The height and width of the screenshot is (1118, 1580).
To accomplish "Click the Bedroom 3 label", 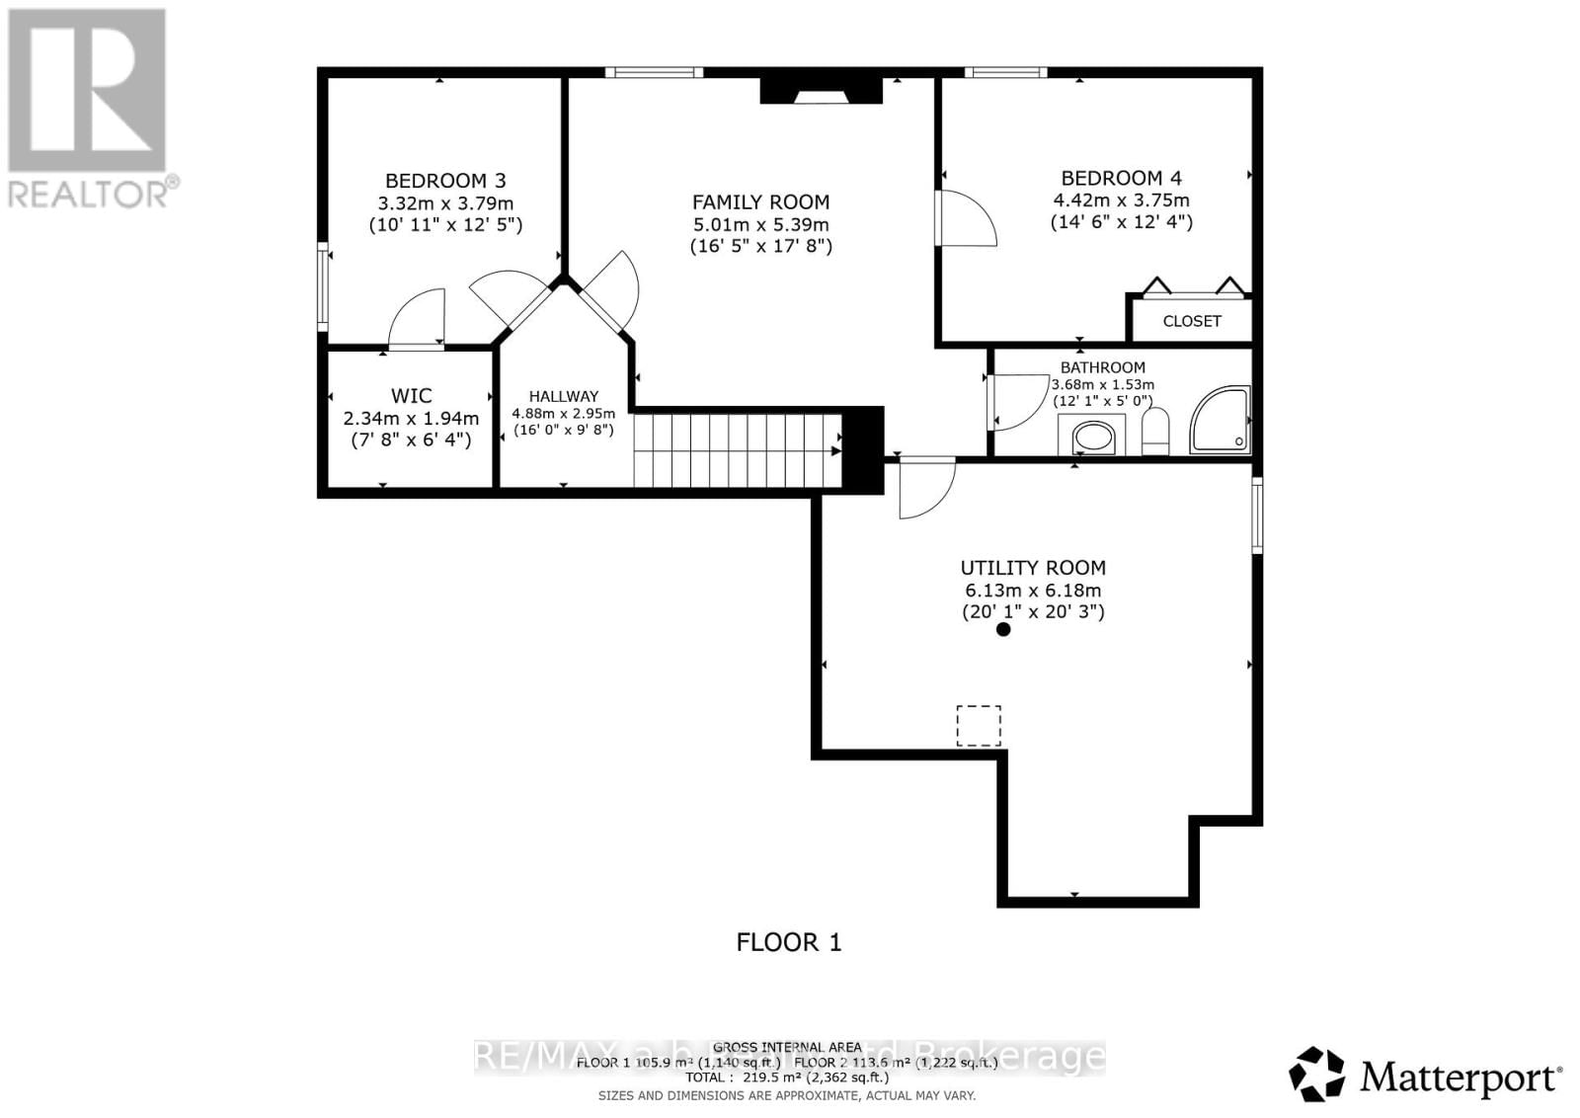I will [x=445, y=181].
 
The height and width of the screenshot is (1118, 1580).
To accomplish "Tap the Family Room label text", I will [x=760, y=201].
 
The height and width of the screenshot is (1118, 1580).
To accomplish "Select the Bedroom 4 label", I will [x=1121, y=178].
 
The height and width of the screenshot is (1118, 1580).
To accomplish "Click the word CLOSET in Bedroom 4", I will [x=1191, y=321].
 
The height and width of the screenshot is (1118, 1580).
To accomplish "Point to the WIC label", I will [x=411, y=396].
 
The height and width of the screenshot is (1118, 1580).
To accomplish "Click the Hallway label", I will [x=563, y=396].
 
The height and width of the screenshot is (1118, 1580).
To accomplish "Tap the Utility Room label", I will [x=1033, y=568].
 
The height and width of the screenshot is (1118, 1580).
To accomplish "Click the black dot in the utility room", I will [x=1003, y=629].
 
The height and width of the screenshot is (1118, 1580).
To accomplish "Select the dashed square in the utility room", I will [x=979, y=725].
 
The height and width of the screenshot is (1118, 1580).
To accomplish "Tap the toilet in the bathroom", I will [x=1155, y=432].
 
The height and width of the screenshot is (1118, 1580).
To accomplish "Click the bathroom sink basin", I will [x=1092, y=438].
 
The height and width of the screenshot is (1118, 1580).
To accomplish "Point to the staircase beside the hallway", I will [x=736, y=450].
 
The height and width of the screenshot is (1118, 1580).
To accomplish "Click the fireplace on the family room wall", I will [x=820, y=91].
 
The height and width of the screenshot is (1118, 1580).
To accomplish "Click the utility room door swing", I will [x=925, y=487].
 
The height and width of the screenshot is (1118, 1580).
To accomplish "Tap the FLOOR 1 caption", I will [x=789, y=942].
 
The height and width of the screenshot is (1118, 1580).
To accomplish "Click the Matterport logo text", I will [x=1461, y=1077].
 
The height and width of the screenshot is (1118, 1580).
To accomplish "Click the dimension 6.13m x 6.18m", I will [x=1033, y=591].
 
